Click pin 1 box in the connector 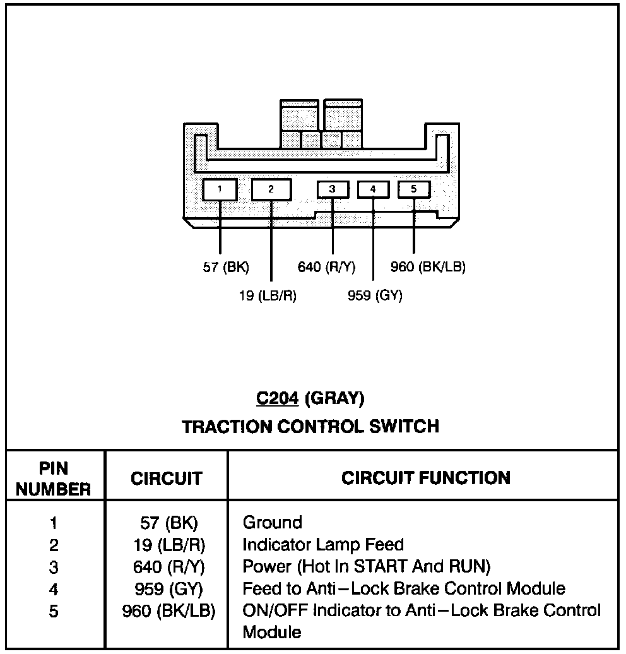(x=220, y=189)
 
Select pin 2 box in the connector (x=271, y=189)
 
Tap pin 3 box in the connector (x=332, y=189)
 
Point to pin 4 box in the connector (x=373, y=189)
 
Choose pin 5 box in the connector (x=414, y=189)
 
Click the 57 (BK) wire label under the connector (x=226, y=267)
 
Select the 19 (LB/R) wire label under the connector (x=268, y=295)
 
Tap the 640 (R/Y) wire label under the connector (x=326, y=267)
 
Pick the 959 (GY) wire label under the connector (x=375, y=295)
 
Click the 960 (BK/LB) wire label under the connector (x=428, y=267)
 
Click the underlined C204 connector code (x=276, y=398)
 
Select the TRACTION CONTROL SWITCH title (x=310, y=427)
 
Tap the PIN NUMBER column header (x=54, y=479)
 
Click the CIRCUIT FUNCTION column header (x=426, y=478)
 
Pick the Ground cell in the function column (x=273, y=523)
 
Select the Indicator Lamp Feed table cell (x=323, y=544)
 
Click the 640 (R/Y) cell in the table (x=168, y=566)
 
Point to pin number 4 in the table (x=54, y=589)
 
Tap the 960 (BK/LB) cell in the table (x=168, y=610)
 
